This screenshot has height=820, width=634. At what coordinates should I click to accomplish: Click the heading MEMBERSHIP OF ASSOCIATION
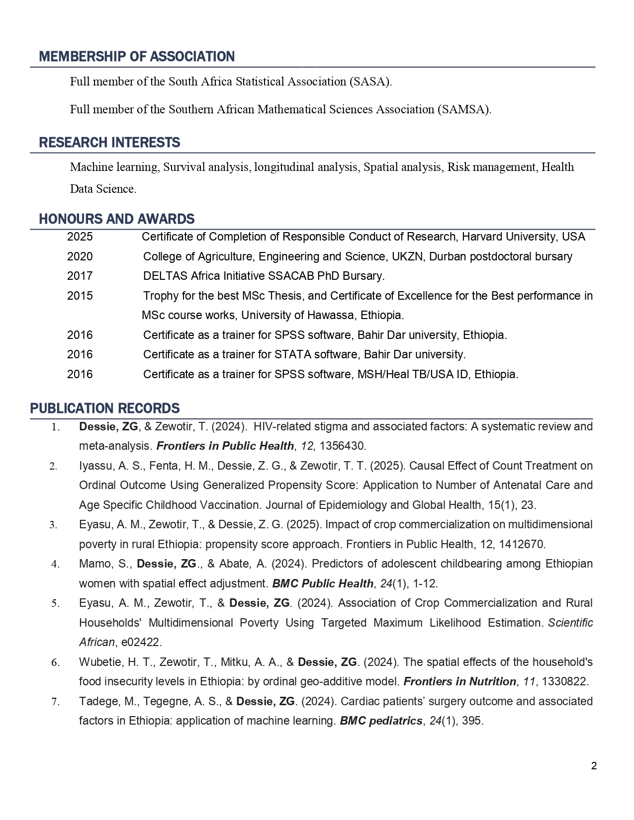coord(137,57)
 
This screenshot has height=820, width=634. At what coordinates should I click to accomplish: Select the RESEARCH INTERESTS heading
coord(109,143)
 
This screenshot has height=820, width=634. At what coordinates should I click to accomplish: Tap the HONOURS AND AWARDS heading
coord(117,219)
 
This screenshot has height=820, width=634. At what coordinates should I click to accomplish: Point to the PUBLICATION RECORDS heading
coord(105,409)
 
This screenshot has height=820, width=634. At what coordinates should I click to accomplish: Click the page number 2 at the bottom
coord(594,766)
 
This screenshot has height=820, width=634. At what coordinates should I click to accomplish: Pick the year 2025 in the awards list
coord(80,237)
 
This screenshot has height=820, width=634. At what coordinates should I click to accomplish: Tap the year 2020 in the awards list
coord(80,257)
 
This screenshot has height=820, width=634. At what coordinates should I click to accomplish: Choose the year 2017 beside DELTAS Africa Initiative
coord(80,276)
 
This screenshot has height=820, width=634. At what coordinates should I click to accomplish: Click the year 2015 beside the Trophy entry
coord(80,296)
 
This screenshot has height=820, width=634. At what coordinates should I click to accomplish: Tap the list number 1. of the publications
coord(56,427)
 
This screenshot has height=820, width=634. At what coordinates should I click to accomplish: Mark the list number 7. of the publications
coord(56,702)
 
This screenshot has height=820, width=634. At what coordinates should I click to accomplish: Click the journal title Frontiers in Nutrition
coord(459,682)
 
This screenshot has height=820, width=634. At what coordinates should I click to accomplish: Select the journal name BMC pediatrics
coord(381,721)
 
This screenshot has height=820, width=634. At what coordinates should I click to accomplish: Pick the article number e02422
coord(141,643)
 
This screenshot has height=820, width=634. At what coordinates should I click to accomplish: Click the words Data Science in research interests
coord(102,189)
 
